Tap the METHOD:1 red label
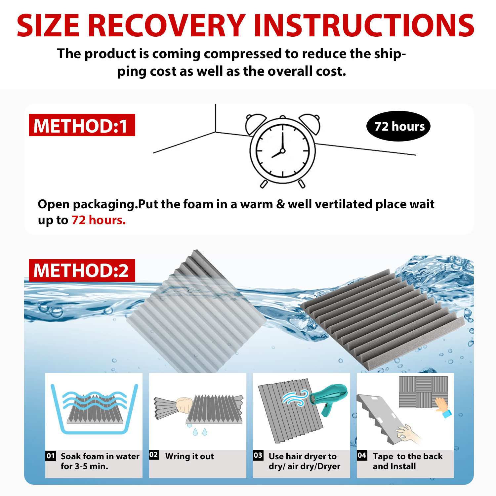pyautogui.click(x=82, y=125)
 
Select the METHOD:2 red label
pyautogui.click(x=82, y=270)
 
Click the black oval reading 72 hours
pyautogui.click(x=398, y=126)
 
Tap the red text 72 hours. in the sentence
pyautogui.click(x=99, y=220)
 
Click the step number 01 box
pyautogui.click(x=51, y=456)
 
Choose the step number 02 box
pyautogui.click(x=154, y=455)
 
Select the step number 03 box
pyautogui.click(x=258, y=455)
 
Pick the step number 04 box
pyautogui.click(x=362, y=455)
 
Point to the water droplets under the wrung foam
pyautogui.click(x=197, y=430)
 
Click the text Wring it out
pyautogui.click(x=189, y=456)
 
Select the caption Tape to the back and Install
pyautogui.click(x=407, y=461)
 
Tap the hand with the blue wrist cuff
pyautogui.click(x=442, y=407)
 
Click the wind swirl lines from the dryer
pyautogui.click(x=295, y=397)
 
